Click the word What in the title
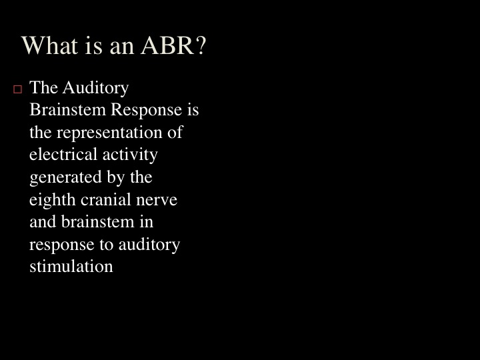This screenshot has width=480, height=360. (x=49, y=45)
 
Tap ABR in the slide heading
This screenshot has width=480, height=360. (x=167, y=45)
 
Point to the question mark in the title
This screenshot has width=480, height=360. (x=201, y=45)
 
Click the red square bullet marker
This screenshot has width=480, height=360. (x=18, y=89)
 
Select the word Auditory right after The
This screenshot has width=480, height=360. (x=95, y=88)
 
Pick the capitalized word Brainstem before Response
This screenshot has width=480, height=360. (x=67, y=109)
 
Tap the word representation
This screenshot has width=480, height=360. (x=109, y=133)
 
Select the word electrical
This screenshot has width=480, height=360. (x=63, y=154)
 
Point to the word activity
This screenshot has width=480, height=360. (x=130, y=155)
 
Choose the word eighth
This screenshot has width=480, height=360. (x=53, y=200)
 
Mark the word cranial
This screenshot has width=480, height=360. (x=106, y=199)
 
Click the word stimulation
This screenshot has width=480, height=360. (x=71, y=266)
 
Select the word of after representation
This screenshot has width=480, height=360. (x=175, y=132)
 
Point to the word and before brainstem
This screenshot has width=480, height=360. (x=43, y=221)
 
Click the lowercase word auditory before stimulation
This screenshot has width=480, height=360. (x=149, y=245)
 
